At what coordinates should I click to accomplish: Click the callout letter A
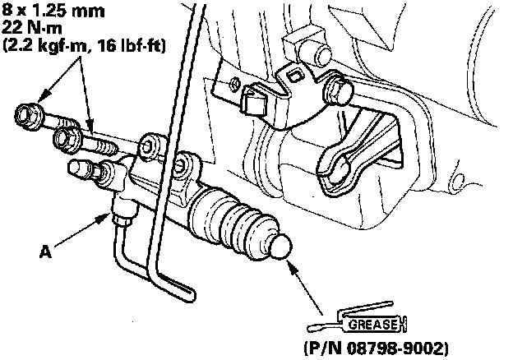45,252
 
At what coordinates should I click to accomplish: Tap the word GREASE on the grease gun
374,325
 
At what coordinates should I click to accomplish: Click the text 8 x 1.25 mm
53,11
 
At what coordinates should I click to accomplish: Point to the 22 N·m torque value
32,28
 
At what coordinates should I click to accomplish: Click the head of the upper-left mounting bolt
29,116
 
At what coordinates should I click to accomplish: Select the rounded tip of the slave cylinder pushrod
280,247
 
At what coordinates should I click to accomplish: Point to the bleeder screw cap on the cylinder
78,168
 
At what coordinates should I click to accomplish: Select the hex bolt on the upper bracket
338,90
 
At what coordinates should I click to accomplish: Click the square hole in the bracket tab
294,76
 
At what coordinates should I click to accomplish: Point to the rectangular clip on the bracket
252,99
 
